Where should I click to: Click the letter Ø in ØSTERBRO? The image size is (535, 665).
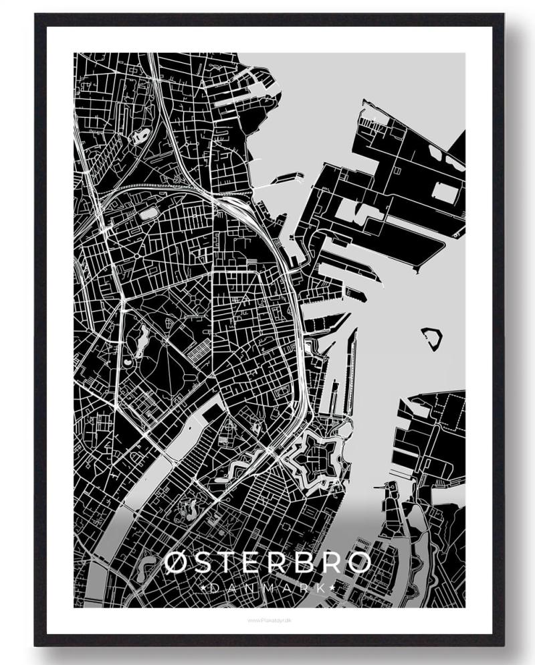click(178, 563)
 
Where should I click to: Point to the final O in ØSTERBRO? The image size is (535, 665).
click(358, 563)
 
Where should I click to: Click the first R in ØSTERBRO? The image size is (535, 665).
click(280, 563)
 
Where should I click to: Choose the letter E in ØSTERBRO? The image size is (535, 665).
click(255, 563)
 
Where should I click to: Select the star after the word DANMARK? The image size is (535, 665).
click(332, 587)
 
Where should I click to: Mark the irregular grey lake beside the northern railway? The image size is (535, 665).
click(141, 136)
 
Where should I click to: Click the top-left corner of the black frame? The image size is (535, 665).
click(37, 15)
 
